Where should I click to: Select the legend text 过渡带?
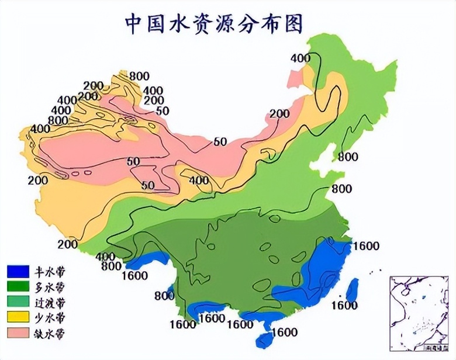pyautogui.click(x=50, y=303)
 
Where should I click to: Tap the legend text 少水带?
pyautogui.click(x=50, y=318)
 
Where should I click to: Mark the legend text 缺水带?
pyautogui.click(x=50, y=333)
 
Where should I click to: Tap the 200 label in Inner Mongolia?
pyautogui.click(x=279, y=114)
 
